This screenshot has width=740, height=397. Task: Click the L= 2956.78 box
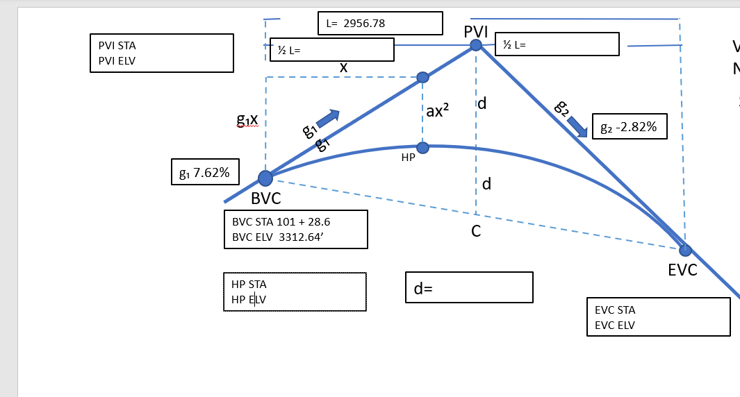click(379, 23)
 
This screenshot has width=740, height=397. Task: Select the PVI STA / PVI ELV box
click(161, 53)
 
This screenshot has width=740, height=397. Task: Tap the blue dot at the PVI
click(476, 45)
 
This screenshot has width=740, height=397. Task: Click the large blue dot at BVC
click(265, 178)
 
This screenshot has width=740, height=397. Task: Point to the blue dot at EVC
click(685, 250)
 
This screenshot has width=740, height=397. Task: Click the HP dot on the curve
click(422, 147)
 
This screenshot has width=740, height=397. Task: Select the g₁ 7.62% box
click(206, 172)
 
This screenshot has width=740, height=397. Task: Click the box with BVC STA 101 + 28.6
click(296, 230)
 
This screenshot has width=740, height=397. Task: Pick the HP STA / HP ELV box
click(295, 292)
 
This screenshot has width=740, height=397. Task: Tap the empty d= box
click(469, 287)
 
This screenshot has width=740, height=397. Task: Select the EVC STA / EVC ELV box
click(658, 317)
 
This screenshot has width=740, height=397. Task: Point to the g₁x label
click(247, 119)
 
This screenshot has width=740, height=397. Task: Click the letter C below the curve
click(476, 231)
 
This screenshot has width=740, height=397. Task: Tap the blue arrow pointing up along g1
click(327, 119)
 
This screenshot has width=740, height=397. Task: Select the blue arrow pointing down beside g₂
click(577, 126)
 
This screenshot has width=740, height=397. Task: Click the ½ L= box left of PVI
click(332, 50)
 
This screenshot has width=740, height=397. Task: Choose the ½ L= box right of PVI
click(557, 44)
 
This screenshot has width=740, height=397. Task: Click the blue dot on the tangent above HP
click(422, 77)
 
